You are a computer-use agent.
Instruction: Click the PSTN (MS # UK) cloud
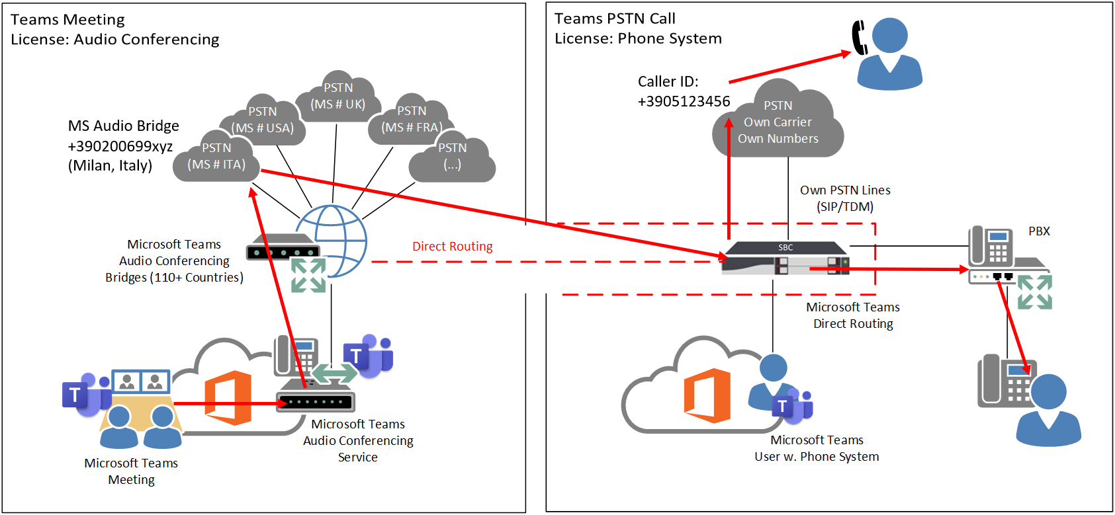click(x=338, y=98)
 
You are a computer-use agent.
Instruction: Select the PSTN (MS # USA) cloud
click(x=263, y=122)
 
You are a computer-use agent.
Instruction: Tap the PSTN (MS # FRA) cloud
click(x=412, y=121)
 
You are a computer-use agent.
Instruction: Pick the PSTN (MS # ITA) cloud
click(x=216, y=159)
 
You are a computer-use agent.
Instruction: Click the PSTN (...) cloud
click(x=453, y=159)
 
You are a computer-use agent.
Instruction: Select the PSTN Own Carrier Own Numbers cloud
click(x=778, y=124)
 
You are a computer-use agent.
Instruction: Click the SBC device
click(x=785, y=258)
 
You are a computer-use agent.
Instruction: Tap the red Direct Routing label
click(x=453, y=247)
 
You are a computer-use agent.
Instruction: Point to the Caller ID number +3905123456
click(x=684, y=101)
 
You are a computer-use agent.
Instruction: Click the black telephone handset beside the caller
click(x=859, y=37)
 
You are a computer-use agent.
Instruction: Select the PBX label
click(x=1039, y=231)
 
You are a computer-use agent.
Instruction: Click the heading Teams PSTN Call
click(x=615, y=19)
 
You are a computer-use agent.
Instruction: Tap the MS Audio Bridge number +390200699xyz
click(x=120, y=146)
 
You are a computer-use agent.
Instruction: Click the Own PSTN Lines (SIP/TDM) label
click(x=845, y=198)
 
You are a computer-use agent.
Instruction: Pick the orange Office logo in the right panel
click(x=707, y=395)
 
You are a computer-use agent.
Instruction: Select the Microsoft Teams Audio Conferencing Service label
click(x=358, y=440)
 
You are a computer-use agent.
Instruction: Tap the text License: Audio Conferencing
click(x=114, y=40)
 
